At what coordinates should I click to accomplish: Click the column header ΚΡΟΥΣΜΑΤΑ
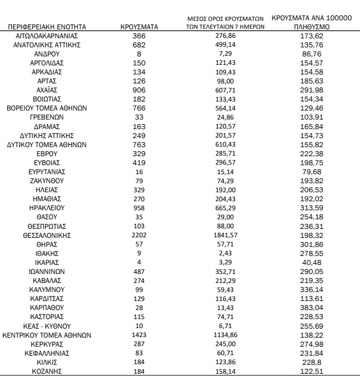tap(139, 26)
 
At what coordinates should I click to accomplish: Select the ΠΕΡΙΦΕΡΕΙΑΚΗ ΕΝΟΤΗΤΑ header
tap(47, 26)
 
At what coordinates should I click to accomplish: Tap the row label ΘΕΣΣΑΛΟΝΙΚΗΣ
tap(47, 235)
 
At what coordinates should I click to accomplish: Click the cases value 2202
tap(139, 235)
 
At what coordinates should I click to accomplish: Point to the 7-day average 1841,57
tap(225, 235)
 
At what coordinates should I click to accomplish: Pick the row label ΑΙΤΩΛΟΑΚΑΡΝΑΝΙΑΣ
tap(47, 35)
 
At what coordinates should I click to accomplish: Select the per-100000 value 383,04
tap(311, 308)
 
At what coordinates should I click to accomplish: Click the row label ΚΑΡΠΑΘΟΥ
tap(47, 308)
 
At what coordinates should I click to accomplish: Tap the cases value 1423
tap(139, 335)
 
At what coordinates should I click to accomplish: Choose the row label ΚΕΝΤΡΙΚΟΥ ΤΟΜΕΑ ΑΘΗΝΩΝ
tap(47, 335)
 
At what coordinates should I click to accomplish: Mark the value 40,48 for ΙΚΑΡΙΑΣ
tap(311, 262)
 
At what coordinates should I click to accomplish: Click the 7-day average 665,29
tap(225, 207)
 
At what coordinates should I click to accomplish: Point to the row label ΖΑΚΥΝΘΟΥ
tap(47, 180)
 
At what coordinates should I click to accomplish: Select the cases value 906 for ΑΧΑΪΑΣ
tap(139, 90)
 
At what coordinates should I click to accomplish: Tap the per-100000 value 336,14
tap(311, 289)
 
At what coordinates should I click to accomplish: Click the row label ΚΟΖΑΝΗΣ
tap(47, 371)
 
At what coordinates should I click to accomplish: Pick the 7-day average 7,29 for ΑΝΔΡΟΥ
tap(225, 53)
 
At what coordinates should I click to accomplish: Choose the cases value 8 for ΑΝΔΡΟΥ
tap(139, 53)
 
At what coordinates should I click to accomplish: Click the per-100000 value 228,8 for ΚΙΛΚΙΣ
tap(311, 362)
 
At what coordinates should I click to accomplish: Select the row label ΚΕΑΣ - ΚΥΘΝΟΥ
tap(47, 326)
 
